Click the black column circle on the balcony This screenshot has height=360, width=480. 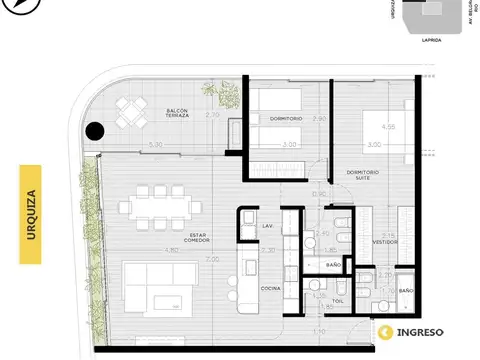click(x=95, y=130)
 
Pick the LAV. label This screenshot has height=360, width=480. click(x=267, y=226)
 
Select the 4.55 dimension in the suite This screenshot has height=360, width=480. click(x=388, y=126)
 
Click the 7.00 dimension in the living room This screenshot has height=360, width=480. click(x=211, y=259)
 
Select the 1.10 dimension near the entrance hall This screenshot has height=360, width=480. click(x=317, y=330)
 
